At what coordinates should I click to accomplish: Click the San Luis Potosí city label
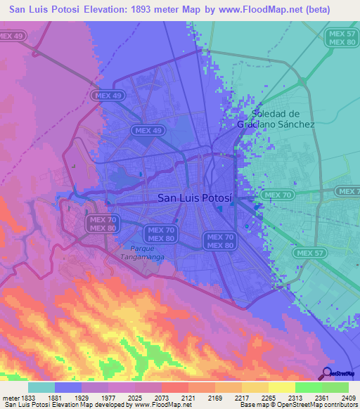tap(194, 198)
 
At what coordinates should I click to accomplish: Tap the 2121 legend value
tap(188, 398)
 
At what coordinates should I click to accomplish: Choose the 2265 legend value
tap(267, 398)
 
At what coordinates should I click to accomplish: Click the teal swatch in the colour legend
tap(41, 387)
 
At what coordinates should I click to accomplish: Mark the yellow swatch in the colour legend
tap(281, 387)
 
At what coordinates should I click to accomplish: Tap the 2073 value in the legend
tap(161, 398)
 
